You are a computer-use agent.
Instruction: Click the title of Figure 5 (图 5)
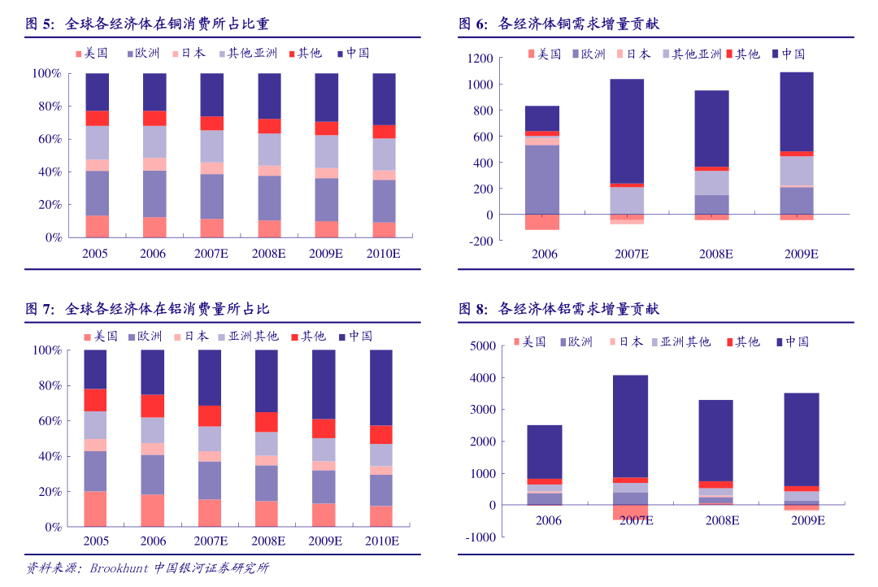tap(147, 24)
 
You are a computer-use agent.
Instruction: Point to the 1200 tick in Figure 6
tap(480, 59)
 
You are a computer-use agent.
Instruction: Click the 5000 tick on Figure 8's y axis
tap(483, 346)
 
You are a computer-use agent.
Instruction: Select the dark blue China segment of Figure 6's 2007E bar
tap(627, 130)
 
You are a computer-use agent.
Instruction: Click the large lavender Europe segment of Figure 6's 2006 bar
tap(542, 179)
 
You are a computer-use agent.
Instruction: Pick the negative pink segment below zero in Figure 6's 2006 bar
tap(542, 222)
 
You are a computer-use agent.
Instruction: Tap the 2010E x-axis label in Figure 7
tap(381, 541)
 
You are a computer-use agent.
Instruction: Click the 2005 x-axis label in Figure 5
tap(96, 254)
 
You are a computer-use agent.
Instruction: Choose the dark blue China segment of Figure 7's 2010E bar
tap(381, 387)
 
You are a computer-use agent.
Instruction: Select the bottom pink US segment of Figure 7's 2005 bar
tap(95, 508)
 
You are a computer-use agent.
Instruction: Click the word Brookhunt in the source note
tap(120, 568)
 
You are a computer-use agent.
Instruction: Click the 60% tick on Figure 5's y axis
tap(46, 139)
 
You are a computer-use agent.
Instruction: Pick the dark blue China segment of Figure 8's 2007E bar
tap(631, 425)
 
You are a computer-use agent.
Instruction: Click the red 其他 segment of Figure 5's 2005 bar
tap(97, 118)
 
